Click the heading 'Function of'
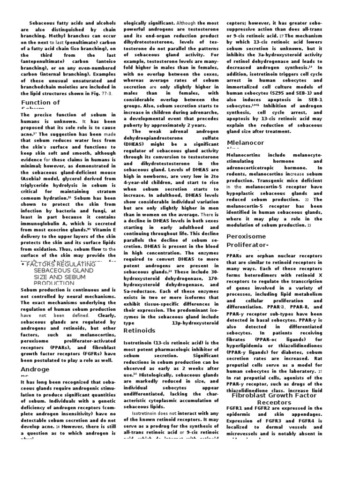pyautogui.click(x=40, y=103)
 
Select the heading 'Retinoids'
pyautogui.click(x=139, y=330)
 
